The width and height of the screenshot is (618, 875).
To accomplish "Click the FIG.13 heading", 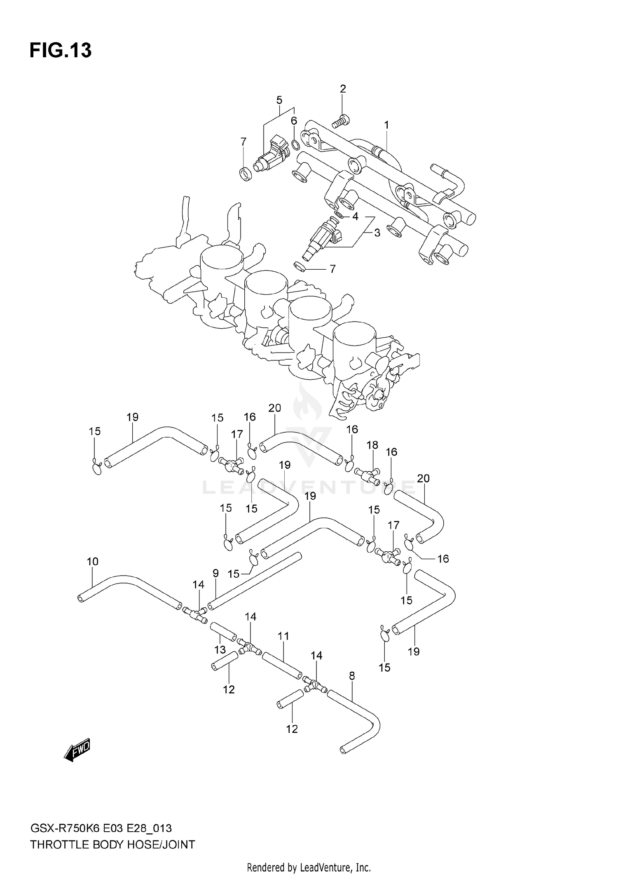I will [61, 50].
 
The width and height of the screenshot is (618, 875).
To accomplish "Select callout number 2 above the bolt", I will [343, 89].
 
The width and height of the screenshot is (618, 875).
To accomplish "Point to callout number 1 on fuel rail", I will [386, 125].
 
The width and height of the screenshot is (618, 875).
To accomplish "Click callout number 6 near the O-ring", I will [294, 121].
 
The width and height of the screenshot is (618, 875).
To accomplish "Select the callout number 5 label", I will [279, 100].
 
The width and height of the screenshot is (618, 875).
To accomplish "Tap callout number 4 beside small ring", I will [355, 216].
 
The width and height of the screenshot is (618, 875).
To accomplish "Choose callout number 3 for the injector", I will [377, 233].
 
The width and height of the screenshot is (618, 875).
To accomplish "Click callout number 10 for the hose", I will [93, 562].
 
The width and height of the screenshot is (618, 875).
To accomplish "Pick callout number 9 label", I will [215, 573].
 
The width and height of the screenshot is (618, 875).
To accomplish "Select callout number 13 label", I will [220, 650].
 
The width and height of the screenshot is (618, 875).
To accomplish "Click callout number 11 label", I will [283, 636].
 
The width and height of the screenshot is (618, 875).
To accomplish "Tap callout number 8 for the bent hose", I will [351, 676].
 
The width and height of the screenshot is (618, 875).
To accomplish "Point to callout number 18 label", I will [372, 445].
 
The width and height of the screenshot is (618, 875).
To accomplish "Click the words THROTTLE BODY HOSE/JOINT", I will [112, 845].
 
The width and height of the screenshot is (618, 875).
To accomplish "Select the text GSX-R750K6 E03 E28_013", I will [101, 828].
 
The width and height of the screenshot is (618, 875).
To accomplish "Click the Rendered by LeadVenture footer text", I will [309, 868].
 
